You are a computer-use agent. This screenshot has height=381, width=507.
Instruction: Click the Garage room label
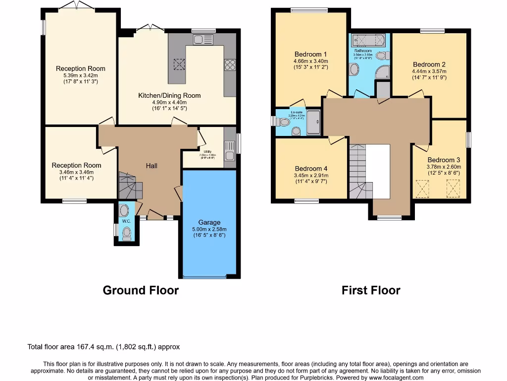[x=209, y=222]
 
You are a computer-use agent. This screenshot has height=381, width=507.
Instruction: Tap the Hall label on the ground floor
[x=152, y=166]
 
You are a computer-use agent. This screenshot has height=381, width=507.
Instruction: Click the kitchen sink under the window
[x=203, y=40]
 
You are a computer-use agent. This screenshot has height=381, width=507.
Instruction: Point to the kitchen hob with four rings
[x=230, y=65]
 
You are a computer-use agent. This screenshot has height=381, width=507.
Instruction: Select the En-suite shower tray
[x=313, y=122]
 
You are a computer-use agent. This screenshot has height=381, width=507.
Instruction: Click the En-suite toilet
[x=296, y=131]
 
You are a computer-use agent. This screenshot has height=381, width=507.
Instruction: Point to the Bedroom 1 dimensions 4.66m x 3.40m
[x=310, y=62]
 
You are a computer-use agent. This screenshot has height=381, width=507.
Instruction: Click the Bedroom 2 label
[x=429, y=64]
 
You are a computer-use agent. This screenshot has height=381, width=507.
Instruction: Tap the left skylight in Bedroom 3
[x=422, y=189]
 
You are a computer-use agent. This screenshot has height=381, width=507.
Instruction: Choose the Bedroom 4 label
[x=310, y=169]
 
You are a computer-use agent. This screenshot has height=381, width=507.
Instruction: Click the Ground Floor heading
[x=141, y=290]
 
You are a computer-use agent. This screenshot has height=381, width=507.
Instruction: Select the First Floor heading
[x=371, y=290]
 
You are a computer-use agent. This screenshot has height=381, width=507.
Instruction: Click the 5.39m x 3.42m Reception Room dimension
[x=80, y=75]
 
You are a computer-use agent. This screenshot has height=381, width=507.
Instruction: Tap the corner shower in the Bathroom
[x=383, y=73]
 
